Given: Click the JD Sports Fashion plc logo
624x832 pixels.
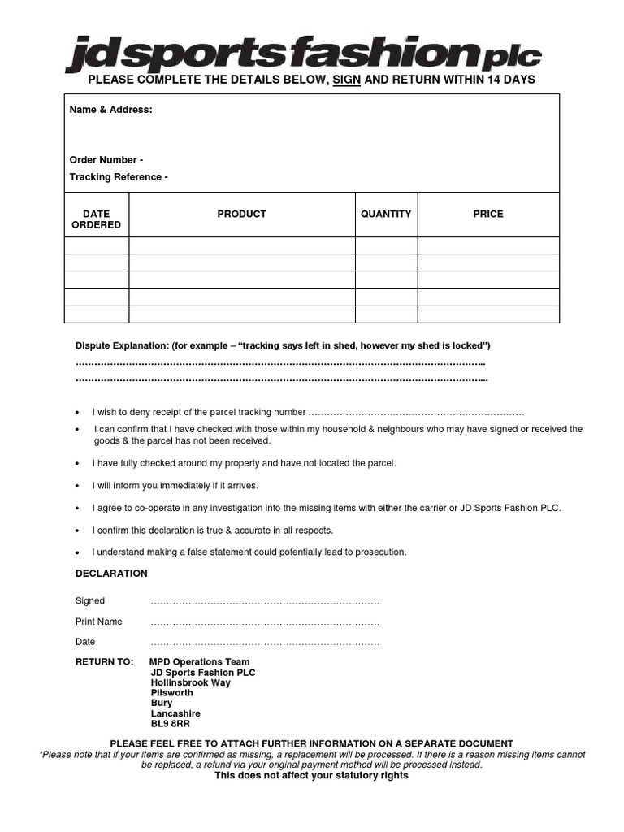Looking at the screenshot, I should pyautogui.click(x=303, y=54).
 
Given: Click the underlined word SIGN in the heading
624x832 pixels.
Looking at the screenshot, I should pyautogui.click(x=346, y=80).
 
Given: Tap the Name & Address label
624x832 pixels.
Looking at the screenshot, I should pyautogui.click(x=110, y=110).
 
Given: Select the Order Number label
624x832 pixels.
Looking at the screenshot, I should pyautogui.click(x=106, y=160).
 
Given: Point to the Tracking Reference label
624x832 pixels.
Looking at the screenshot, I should pyautogui.click(x=119, y=177).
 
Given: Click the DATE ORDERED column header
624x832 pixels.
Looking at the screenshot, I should pyautogui.click(x=96, y=219).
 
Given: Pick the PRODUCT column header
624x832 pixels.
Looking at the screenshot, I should pyautogui.click(x=241, y=214).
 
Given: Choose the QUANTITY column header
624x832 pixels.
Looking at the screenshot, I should pyautogui.click(x=386, y=214).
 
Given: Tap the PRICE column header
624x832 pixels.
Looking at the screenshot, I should pyautogui.click(x=488, y=214).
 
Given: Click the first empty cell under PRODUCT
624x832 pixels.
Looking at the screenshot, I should pyautogui.click(x=241, y=245).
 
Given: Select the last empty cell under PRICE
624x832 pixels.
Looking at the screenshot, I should pyautogui.click(x=488, y=314).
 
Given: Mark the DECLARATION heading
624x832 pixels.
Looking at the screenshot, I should pyautogui.click(x=111, y=574).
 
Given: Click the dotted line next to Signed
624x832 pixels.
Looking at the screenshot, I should pyautogui.click(x=265, y=602).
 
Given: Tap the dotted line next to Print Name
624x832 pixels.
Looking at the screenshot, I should pyautogui.click(x=265, y=622).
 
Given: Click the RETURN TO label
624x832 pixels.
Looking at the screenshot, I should pyautogui.click(x=104, y=662).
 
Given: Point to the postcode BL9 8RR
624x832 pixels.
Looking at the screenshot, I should pyautogui.click(x=170, y=724).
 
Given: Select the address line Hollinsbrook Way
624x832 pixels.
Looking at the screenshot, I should pyautogui.click(x=190, y=683).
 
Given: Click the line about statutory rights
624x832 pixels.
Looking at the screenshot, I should pyautogui.click(x=311, y=776).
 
